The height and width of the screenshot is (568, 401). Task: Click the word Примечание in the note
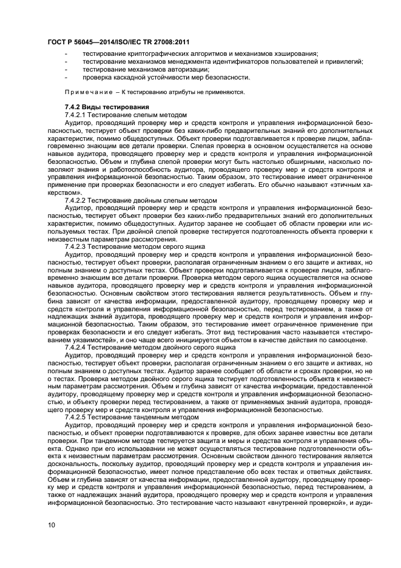(89, 92)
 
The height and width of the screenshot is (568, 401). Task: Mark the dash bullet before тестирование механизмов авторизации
(66, 70)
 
